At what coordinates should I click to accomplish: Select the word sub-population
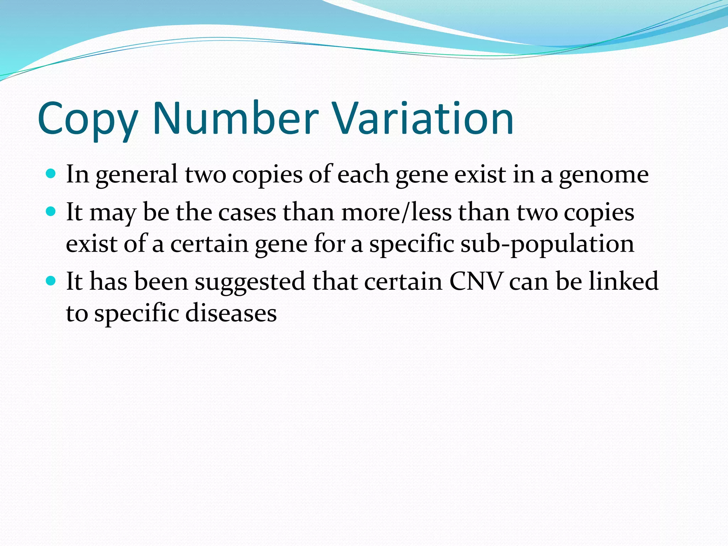pos(547,245)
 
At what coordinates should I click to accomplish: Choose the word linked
pos(623,281)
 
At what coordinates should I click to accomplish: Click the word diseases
pos(231,314)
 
